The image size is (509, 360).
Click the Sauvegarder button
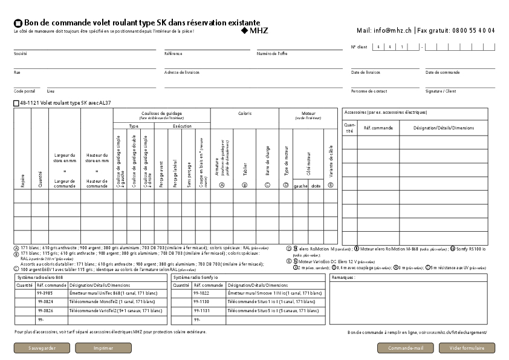tap(42, 348)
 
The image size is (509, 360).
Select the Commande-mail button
tap(405, 348)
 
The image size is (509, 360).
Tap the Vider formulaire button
tap(467, 348)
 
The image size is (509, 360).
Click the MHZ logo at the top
tap(254, 30)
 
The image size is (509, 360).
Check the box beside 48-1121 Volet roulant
tap(16, 103)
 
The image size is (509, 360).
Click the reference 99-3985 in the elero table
tap(45, 293)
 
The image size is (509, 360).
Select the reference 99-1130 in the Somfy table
tap(201, 301)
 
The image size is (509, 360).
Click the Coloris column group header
tap(244, 113)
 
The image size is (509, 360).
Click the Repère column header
tap(23, 180)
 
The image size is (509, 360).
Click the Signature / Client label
tap(441, 91)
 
